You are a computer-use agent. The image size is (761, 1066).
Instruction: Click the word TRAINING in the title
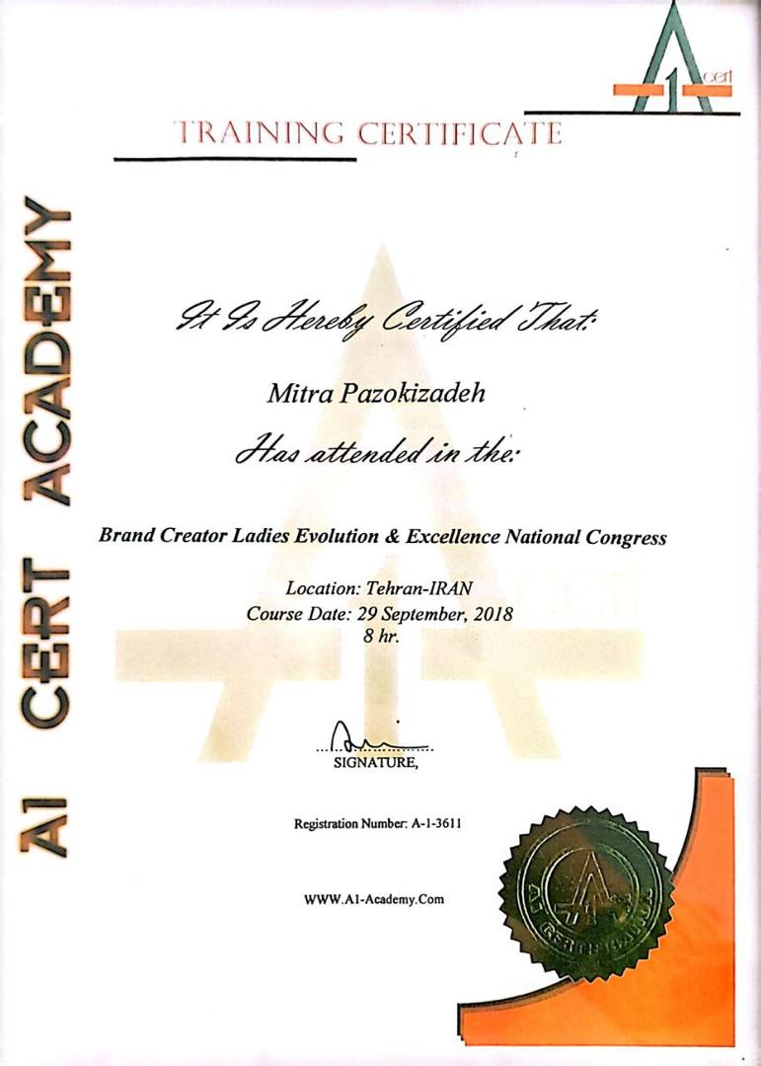point(256,133)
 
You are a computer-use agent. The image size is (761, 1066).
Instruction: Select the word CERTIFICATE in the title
point(459,133)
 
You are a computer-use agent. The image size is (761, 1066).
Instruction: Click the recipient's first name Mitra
point(298,395)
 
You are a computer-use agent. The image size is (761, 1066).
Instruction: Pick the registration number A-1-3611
point(431,824)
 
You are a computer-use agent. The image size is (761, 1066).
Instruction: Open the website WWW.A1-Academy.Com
point(374,899)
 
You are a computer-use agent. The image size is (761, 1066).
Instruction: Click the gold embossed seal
point(588,881)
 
